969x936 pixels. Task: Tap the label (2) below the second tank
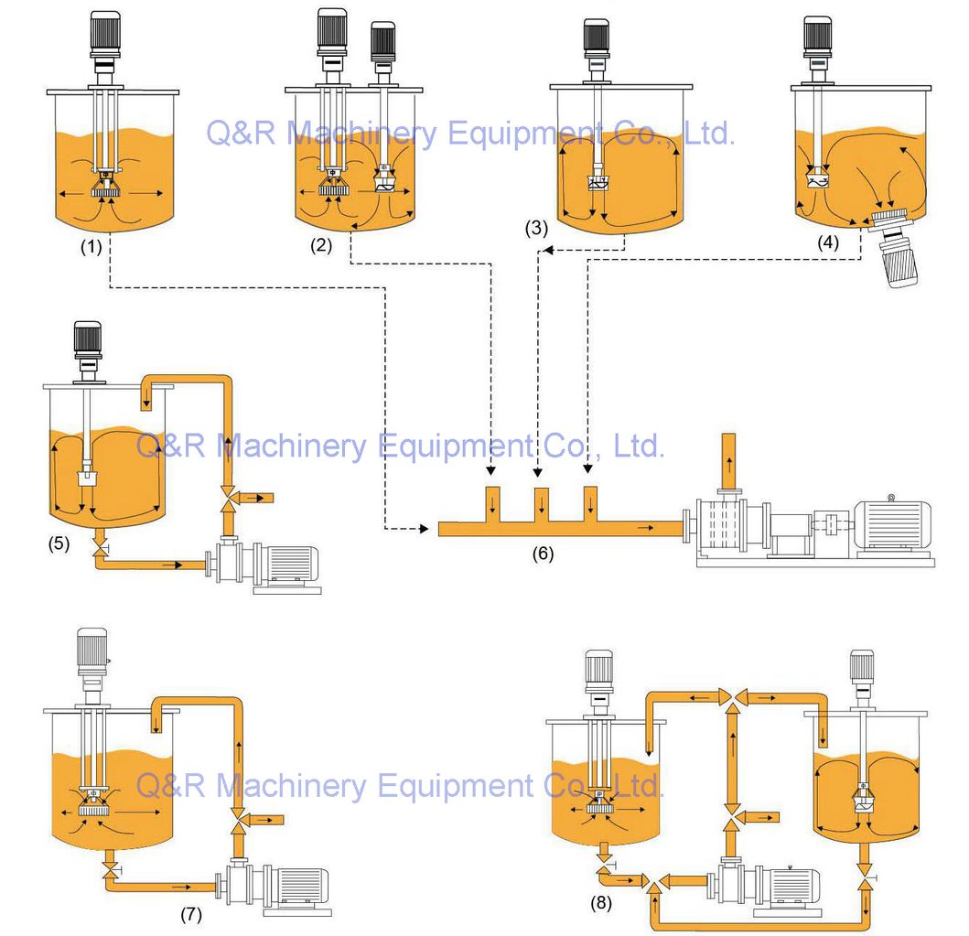point(321,245)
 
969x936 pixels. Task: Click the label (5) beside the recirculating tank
point(59,543)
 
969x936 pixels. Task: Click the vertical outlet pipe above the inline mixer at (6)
point(728,458)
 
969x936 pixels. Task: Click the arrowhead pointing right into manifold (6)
point(424,529)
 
